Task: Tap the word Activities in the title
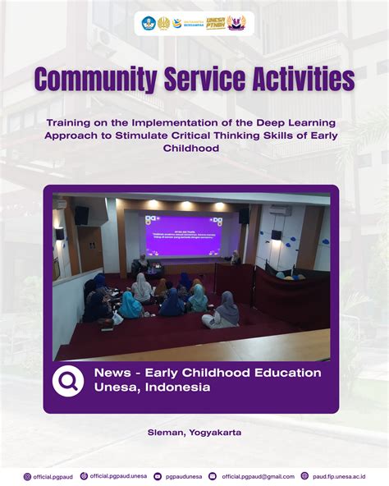[x=296, y=80]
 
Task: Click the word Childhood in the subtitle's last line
[x=194, y=149]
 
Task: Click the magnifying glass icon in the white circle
[x=68, y=381]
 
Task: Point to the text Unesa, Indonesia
[x=152, y=387]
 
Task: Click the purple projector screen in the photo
[x=184, y=236]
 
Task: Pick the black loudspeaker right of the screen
[x=244, y=215]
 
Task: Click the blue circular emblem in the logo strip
[x=149, y=23]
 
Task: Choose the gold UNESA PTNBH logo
[x=215, y=23]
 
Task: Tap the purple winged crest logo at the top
[x=236, y=23]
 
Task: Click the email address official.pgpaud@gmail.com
[x=258, y=476]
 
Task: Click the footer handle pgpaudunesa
[x=185, y=476]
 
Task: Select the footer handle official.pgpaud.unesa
[x=119, y=476]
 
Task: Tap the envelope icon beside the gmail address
[x=213, y=476]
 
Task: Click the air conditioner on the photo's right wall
[x=280, y=210]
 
